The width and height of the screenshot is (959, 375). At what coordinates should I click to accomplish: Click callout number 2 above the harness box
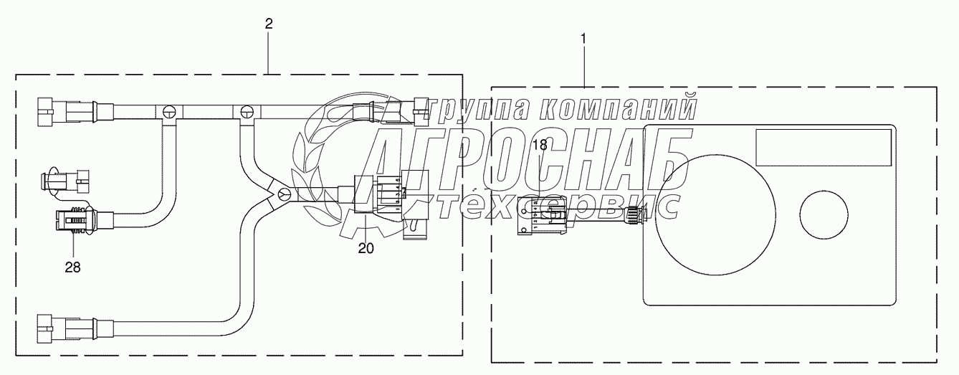[269, 24]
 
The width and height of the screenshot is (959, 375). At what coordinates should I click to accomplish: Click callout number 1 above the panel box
[583, 39]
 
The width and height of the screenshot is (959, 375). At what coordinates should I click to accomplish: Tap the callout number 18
[540, 145]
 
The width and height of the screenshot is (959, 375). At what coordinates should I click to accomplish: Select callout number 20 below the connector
[366, 248]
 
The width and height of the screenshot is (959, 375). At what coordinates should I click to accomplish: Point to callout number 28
[73, 267]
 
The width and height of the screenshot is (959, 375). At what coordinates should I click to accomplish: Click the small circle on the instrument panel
[824, 215]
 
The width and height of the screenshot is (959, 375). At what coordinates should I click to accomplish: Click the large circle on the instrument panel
[715, 214]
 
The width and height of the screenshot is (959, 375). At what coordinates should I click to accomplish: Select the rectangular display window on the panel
[824, 147]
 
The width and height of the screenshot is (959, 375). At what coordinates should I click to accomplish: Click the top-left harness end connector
[65, 112]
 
